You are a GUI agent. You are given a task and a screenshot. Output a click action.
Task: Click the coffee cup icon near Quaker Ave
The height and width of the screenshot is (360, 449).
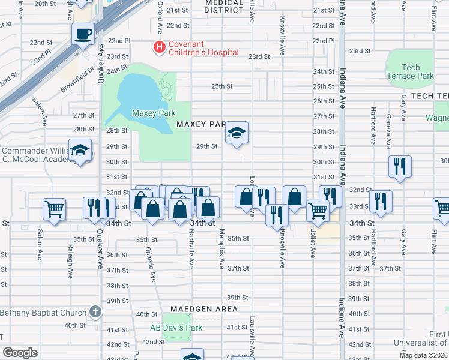83,34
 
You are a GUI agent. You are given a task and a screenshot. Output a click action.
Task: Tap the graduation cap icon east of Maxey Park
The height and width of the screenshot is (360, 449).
237,133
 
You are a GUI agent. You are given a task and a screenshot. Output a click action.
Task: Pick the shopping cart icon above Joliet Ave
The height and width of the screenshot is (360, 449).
318,211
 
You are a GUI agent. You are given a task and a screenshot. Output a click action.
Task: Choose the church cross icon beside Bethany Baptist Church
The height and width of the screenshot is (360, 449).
94,311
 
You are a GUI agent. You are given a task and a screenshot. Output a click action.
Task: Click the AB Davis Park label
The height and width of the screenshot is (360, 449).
176,328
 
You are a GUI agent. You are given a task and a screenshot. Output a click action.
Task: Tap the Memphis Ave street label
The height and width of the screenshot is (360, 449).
221,249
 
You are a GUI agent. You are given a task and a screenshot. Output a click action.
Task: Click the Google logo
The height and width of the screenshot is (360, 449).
20,352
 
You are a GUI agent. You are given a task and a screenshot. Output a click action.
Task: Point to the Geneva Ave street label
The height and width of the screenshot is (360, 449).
388,130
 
